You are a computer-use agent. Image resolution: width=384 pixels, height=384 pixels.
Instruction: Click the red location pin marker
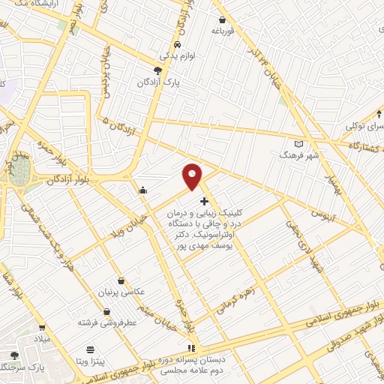(x=193, y=176)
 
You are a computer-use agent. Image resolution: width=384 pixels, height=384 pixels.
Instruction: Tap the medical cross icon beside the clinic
(x=204, y=201)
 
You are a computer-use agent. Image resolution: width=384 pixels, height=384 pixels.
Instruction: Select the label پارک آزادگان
(x=157, y=83)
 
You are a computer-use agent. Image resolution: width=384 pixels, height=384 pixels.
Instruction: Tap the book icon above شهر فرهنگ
(x=298, y=142)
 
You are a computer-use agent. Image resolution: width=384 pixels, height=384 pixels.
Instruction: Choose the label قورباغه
(x=222, y=31)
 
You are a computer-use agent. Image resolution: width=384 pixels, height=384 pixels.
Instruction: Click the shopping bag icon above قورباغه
(x=222, y=19)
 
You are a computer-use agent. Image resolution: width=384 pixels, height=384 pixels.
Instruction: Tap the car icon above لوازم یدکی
(x=176, y=43)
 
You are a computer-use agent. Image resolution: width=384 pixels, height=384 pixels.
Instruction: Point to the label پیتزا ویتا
(x=91, y=361)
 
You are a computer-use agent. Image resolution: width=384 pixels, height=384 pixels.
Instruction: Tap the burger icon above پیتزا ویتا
(x=91, y=349)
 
